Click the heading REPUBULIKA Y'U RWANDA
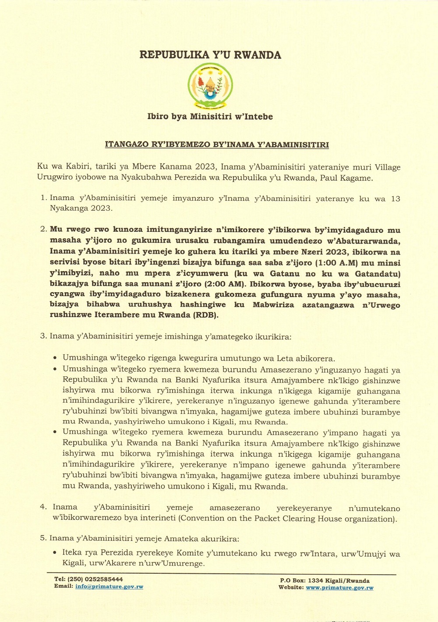(210, 55)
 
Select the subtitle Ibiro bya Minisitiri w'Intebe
(210, 117)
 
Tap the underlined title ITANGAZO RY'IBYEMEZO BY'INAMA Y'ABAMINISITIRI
(217, 145)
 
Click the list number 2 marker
(43, 229)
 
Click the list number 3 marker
(43, 336)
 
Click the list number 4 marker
(43, 507)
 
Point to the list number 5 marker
(43, 538)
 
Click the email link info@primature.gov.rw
(109, 587)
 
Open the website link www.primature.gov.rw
(339, 587)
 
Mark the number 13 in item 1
(396, 198)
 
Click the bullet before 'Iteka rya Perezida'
(55, 553)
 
